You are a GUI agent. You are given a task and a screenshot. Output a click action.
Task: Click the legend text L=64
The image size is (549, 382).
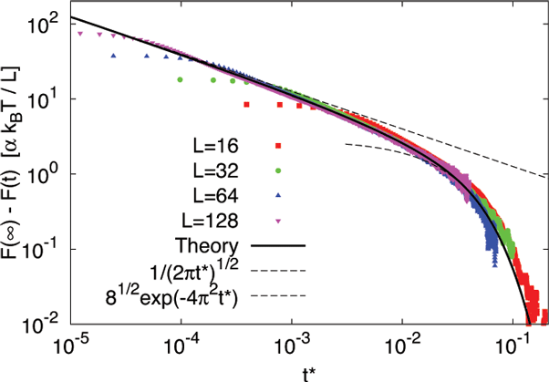click(212, 195)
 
